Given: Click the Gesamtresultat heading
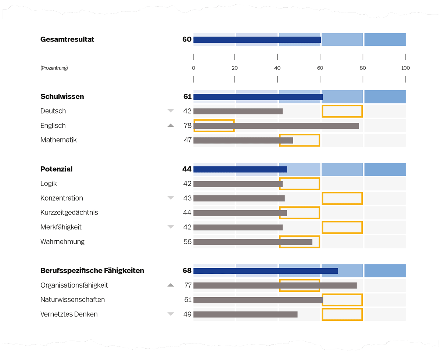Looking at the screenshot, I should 67,39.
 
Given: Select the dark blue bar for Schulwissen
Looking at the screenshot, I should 258,97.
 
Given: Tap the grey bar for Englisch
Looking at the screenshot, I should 276,126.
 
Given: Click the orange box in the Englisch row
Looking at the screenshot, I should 214,126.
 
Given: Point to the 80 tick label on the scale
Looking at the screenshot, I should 363,68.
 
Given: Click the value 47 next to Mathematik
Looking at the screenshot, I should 187,140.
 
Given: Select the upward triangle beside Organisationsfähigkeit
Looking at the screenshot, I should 171,285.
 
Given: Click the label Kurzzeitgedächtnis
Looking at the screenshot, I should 69,212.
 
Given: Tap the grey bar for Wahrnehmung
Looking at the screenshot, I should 253,242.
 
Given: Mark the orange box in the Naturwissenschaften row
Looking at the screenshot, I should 342,300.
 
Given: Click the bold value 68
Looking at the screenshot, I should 187,271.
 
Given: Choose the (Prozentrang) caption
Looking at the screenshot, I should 54,68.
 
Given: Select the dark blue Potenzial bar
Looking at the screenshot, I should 240,169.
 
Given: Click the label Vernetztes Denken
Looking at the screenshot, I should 69,314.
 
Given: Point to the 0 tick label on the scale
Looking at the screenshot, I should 193,68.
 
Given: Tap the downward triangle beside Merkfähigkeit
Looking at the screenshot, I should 171,227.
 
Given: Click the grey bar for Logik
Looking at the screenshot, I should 238,184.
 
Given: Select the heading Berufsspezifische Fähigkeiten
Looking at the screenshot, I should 92,271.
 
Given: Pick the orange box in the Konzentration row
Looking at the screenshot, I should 342,198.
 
